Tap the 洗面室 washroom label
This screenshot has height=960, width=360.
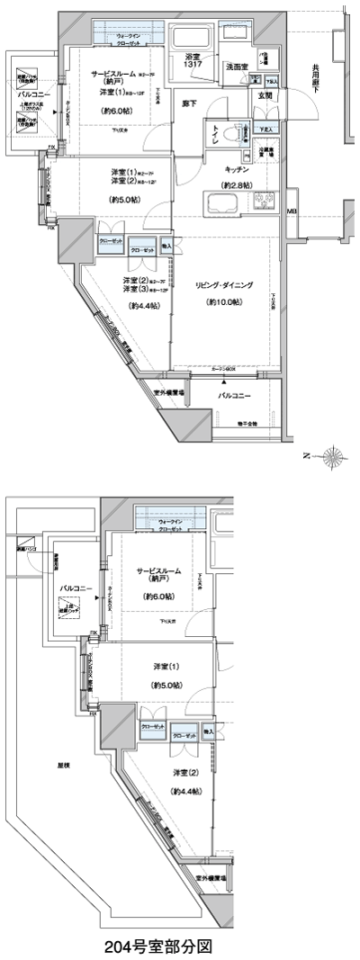point(237,66)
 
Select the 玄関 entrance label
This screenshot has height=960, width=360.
point(265,95)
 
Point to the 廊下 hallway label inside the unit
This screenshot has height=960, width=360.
point(187,103)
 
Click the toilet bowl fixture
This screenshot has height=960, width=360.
point(236,134)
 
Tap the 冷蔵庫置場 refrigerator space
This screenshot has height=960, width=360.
point(265,155)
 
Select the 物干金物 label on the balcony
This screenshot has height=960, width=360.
point(247,423)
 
